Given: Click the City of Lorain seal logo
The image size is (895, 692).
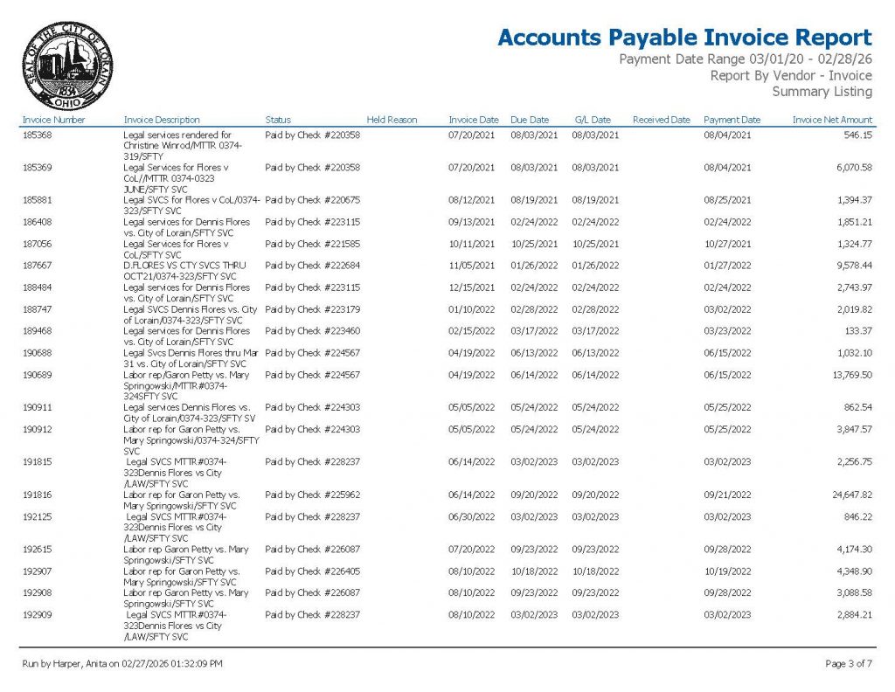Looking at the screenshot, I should coord(67,66).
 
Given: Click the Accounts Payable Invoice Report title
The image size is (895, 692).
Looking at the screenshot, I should coord(684,38).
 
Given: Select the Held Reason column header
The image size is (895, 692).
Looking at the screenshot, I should coord(392,120).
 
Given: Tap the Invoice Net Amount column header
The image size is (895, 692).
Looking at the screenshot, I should coord(832,120).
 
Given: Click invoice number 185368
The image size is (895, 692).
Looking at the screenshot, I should coord(36,135).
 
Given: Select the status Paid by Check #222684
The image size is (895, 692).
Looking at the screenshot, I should coord(312,266).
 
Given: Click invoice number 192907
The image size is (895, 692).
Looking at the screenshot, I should coord(36,571).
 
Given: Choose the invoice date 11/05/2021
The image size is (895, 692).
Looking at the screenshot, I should coord(473,266).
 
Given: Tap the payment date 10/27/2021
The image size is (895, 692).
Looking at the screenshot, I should coord(727,244).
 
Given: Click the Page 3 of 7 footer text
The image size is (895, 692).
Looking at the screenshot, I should coord(848,664).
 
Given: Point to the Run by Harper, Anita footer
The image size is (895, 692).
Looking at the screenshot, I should coord(122,664).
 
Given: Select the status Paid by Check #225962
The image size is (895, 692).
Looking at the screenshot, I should coord(312,495).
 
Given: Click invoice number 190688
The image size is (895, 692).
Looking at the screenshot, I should coord(36,353).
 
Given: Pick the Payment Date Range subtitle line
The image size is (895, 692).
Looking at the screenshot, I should coord(745,59).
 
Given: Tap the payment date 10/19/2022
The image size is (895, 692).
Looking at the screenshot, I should coord(727,571).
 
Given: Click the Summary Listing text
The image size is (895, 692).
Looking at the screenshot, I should coord(822,92).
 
